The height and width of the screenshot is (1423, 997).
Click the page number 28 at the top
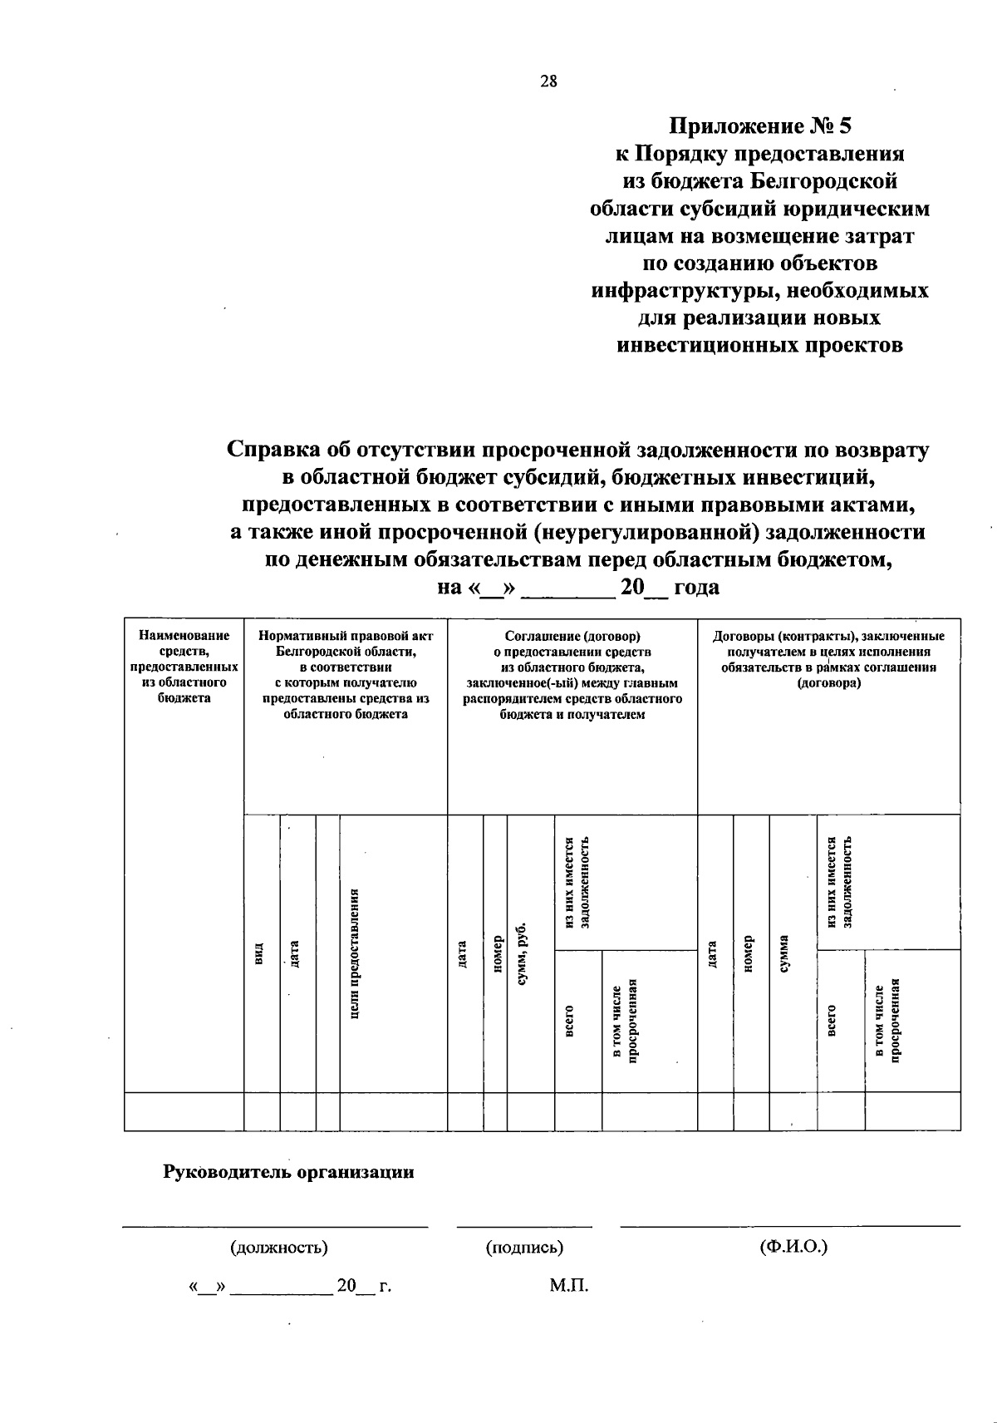pos(548,81)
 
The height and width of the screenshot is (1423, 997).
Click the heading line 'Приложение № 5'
pos(761,126)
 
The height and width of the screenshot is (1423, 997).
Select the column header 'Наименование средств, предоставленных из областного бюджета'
pos(184,667)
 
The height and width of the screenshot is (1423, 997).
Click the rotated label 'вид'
pos(259,954)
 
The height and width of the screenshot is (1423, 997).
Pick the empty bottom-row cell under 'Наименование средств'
pos(184,1111)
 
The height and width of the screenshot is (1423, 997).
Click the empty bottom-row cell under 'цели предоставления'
pos(393,1111)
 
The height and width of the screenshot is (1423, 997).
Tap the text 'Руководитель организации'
pos(288,1172)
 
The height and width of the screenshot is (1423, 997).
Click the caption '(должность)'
pos(278,1248)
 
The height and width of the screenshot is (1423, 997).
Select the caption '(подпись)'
pos(524,1248)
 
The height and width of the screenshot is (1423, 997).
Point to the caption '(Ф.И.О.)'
pos(793,1247)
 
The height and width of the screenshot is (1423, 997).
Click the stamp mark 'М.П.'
pos(568,1286)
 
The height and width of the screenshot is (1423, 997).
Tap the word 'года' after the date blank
pos(696,588)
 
